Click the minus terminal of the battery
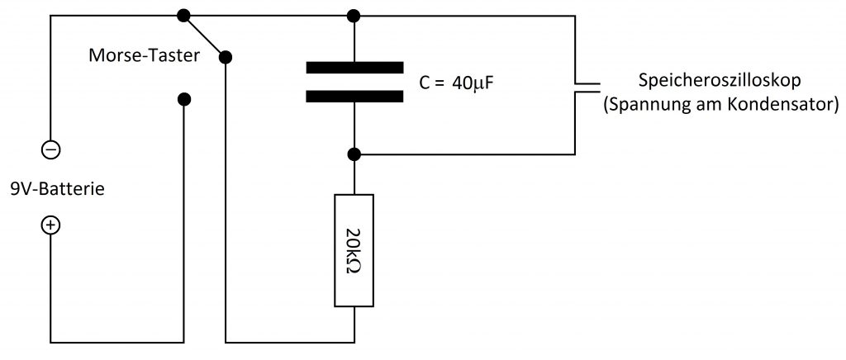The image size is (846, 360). (x=51, y=149)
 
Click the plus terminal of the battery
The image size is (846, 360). (x=51, y=225)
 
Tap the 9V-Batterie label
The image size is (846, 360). (x=57, y=190)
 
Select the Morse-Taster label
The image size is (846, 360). (x=144, y=55)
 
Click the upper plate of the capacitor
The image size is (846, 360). (x=354, y=68)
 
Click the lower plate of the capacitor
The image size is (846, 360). (x=354, y=96)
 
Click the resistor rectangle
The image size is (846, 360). (x=354, y=250)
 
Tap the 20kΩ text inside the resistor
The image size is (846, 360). (x=354, y=250)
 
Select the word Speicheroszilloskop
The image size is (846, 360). (x=720, y=82)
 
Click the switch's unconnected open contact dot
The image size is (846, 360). (x=184, y=99)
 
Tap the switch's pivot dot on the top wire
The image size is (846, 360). (x=184, y=15)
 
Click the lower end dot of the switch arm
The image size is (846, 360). (x=226, y=57)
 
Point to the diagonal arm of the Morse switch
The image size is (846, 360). (x=205, y=36)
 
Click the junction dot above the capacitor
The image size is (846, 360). (x=354, y=15)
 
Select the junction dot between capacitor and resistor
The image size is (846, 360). (x=354, y=154)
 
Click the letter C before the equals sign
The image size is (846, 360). (x=425, y=83)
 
